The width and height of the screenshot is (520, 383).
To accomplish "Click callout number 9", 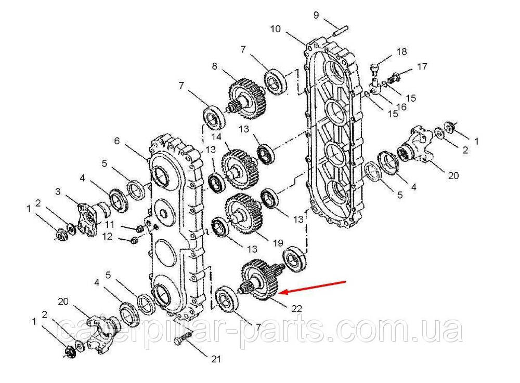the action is tap(316, 15).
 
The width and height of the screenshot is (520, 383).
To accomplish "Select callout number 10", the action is tap(276, 29).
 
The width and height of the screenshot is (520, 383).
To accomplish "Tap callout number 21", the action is tap(216, 359).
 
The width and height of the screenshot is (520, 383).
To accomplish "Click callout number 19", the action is tap(278, 243).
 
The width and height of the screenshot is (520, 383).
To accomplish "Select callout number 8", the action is tap(215, 66).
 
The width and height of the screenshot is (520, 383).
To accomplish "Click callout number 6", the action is tap(116, 141).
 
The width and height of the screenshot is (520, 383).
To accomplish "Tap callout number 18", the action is tap(401, 52).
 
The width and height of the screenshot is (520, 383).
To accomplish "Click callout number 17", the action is tap(422, 66).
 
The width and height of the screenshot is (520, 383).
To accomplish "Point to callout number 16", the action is tap(401, 107).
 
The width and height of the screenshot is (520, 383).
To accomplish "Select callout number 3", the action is tap(58, 191).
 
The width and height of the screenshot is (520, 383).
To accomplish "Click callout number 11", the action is tap(109, 224).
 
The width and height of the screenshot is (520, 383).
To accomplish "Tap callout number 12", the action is tap(107, 236).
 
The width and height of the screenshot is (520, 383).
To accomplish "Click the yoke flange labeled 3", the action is tap(90, 218).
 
